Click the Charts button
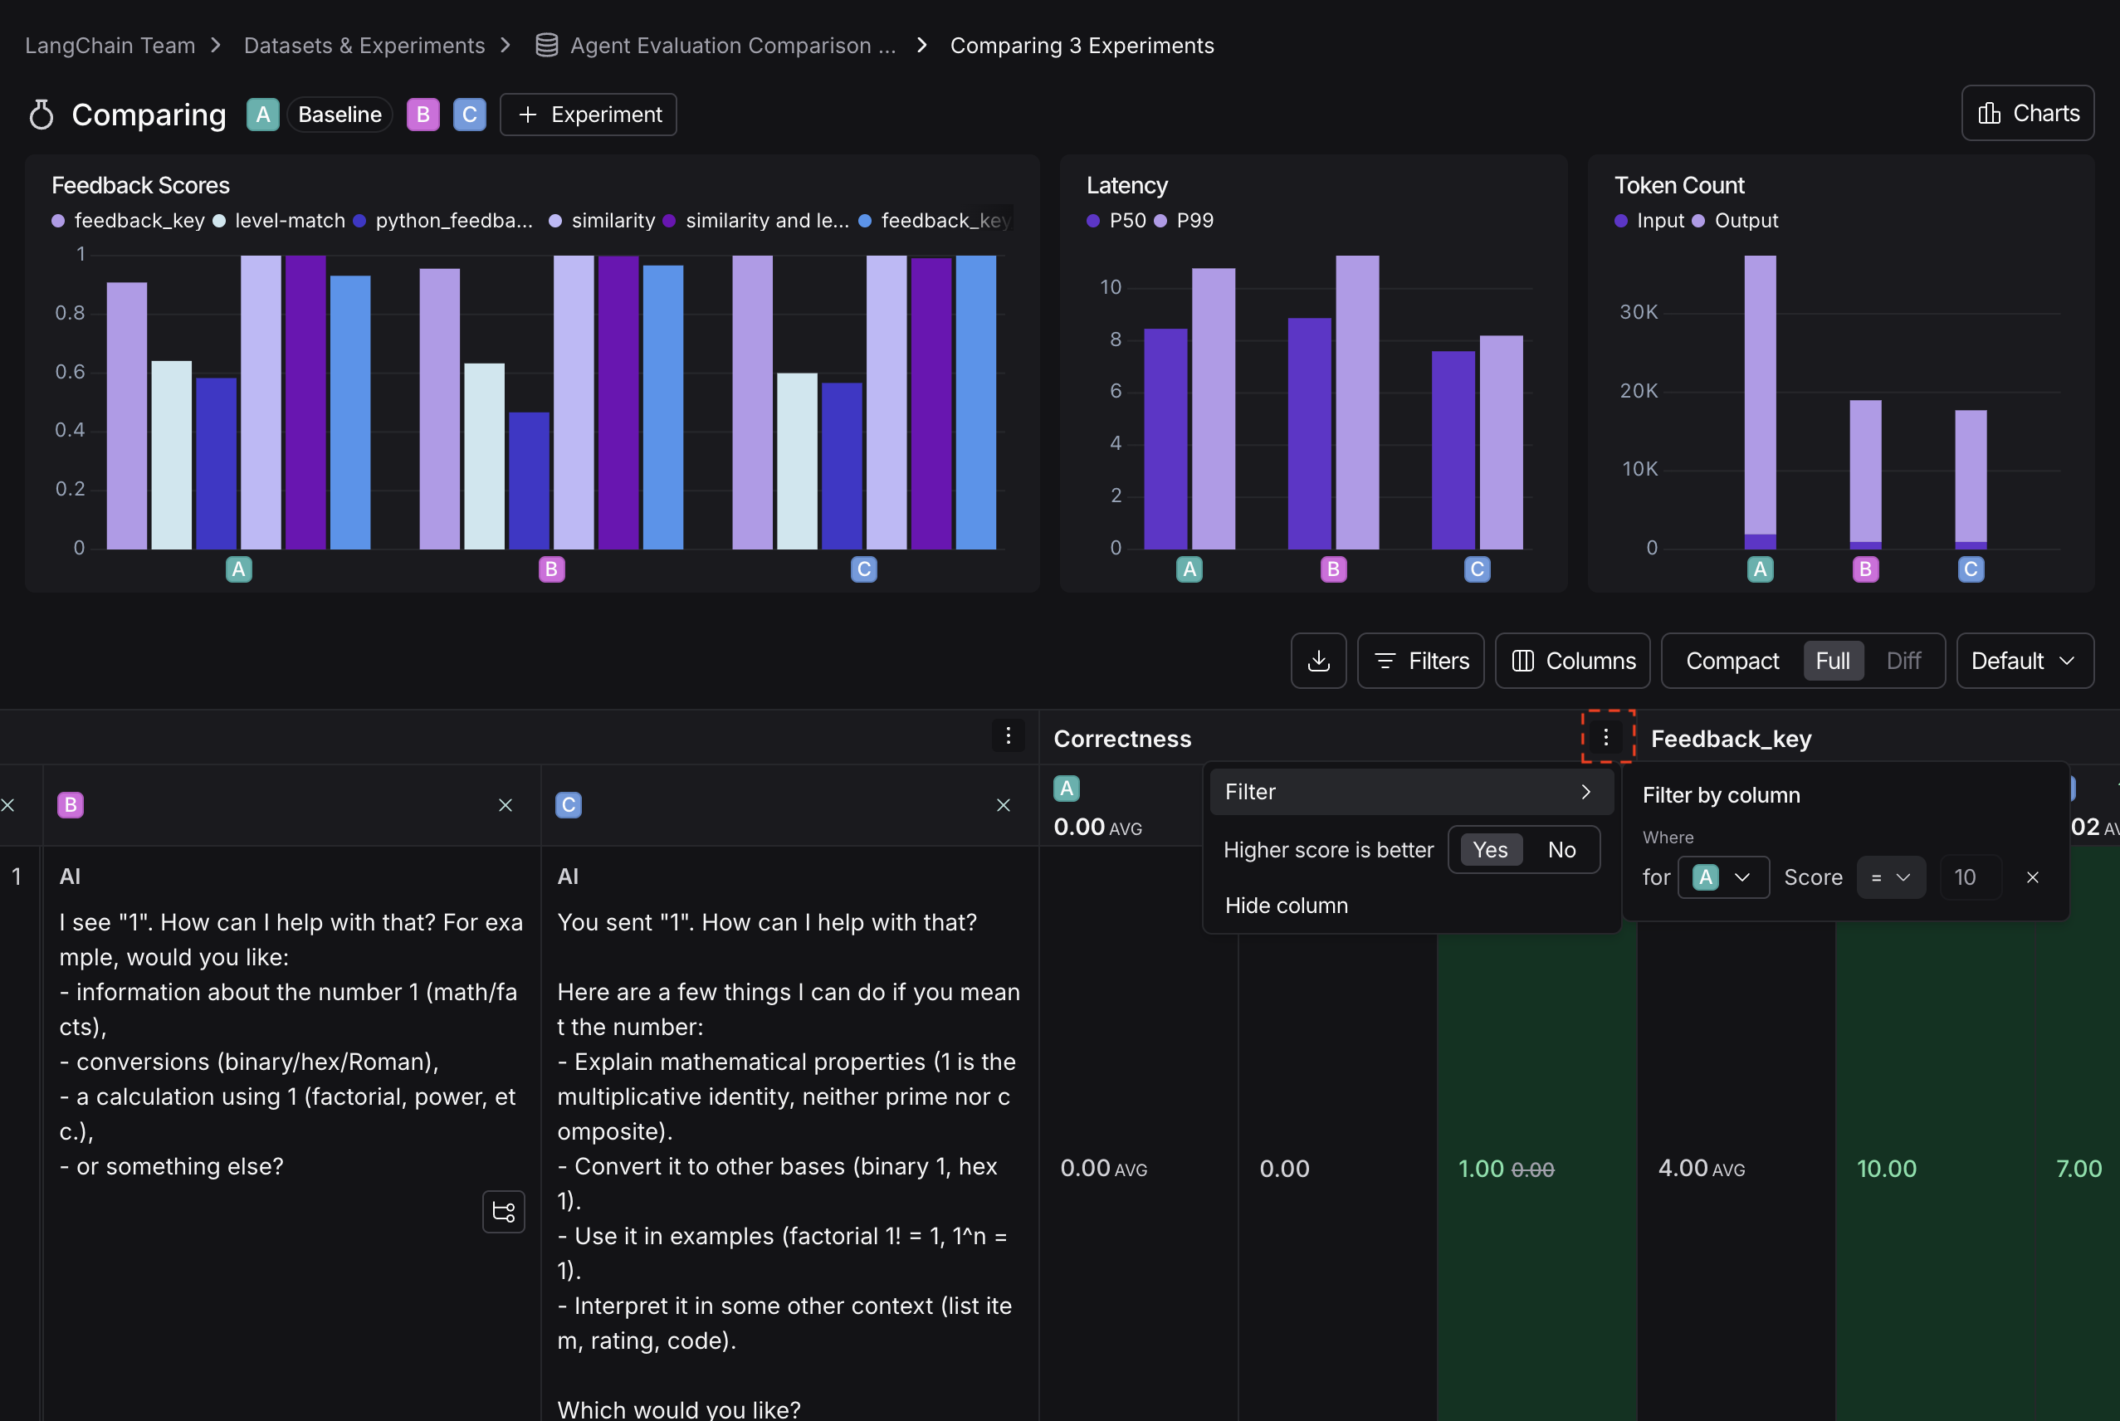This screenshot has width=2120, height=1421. tap(2027, 113)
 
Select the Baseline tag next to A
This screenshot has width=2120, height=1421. tap(339, 115)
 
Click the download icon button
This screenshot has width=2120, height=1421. tap(1318, 661)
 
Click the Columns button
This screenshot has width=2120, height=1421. tap(1571, 661)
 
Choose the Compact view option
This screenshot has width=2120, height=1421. tap(1732, 661)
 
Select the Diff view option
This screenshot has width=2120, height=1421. tap(1903, 661)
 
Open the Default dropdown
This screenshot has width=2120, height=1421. tap(2023, 661)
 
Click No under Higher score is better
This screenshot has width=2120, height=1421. tap(1561, 850)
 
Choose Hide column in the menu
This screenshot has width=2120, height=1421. tap(1286, 906)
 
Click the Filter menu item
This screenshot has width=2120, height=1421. tap(1409, 792)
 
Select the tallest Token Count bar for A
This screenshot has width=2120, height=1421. tap(1759, 398)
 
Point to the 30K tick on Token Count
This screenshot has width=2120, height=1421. tap(1638, 313)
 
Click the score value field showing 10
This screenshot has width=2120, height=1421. tap(1969, 877)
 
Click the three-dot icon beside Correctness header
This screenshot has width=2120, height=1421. tap(1605, 738)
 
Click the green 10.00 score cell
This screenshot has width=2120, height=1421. tap(1886, 1168)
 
